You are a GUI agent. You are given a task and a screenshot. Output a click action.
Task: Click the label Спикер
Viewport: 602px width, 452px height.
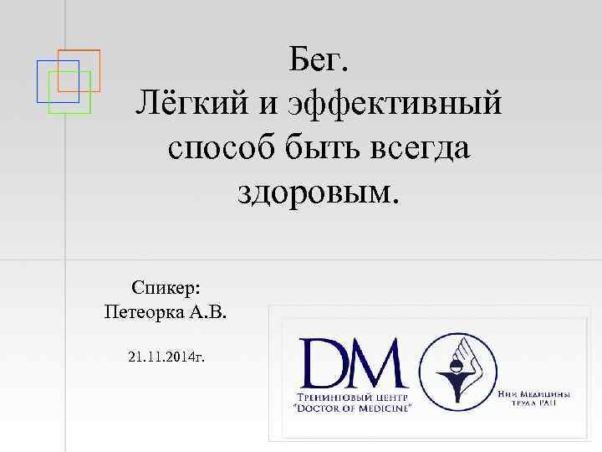tap(165, 287)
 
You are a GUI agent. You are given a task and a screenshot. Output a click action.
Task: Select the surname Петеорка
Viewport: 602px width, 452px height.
tap(142, 313)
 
